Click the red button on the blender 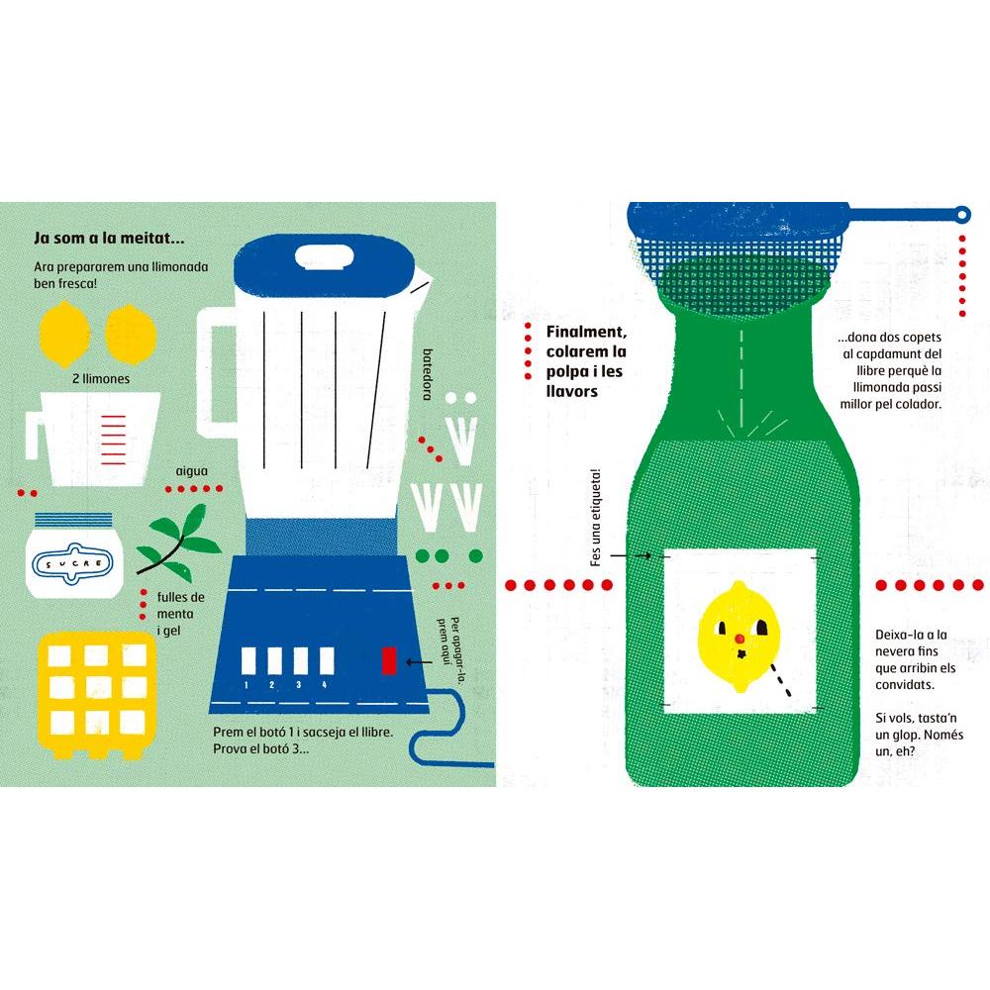[389, 660]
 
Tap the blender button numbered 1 [248, 660]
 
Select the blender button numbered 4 [327, 660]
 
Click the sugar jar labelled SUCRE [74, 555]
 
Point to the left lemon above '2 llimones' [64, 334]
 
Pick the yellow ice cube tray [96, 695]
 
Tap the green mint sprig [178, 544]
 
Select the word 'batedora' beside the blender [428, 374]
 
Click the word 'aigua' [191, 471]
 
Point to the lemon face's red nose [739, 640]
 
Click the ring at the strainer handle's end [961, 215]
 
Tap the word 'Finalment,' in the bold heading [586, 332]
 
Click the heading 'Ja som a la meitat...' [109, 238]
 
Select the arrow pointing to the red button [419, 662]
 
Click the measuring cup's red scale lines [114, 440]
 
